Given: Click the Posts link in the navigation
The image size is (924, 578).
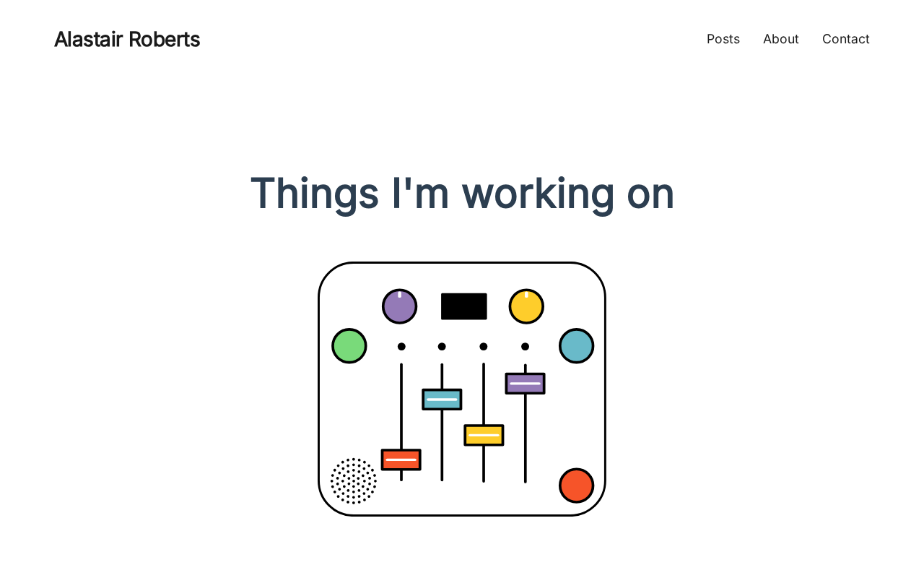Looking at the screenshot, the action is coord(723,39).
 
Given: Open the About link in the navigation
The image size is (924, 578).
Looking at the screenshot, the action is coord(781,39).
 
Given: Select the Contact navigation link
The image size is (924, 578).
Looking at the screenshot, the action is coord(845,39).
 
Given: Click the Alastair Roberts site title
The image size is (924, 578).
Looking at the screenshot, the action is coord(127,40).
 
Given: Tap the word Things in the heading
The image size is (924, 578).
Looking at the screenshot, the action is coord(314,194).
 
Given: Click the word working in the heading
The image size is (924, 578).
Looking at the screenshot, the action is coord(538,194).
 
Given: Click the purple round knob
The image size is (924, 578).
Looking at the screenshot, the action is coord(399,306).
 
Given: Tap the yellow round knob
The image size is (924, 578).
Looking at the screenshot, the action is coord(526,306).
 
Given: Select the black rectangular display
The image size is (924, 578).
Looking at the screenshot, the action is coord(463,306).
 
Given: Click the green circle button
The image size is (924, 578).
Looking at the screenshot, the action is coord(349,346).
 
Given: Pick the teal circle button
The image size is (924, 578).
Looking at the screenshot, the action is coord(576,346).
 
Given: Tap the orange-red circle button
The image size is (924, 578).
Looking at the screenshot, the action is coord(576,486).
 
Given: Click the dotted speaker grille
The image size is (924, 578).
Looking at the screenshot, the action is coord(354,481).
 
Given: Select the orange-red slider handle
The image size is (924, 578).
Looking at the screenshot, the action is coord(401,460).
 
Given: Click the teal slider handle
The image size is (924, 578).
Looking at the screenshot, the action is coord(442,400).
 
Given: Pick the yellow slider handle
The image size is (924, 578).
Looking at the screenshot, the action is coord(484,435).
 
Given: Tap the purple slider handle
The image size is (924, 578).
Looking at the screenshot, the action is coord(525,384).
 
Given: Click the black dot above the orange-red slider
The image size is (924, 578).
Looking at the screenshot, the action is coord(401,346).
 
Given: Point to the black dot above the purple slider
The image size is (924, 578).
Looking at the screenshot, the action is coord(525,346).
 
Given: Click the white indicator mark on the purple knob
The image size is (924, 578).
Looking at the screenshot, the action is coord(399,294).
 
